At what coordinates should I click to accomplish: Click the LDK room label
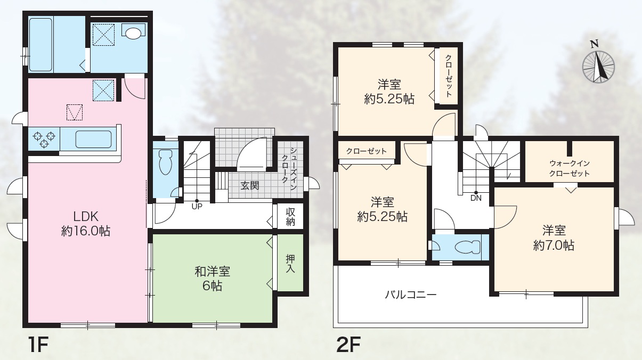(x=86, y=224)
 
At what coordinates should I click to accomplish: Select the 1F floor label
(x=38, y=345)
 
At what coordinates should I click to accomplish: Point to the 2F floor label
(x=348, y=345)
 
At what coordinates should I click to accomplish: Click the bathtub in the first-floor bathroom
(x=40, y=45)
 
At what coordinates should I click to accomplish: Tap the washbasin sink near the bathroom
(x=133, y=32)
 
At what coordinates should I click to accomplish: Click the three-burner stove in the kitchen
(x=44, y=139)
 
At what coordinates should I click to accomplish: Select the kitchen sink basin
(x=93, y=139)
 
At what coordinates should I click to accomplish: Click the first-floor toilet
(x=165, y=161)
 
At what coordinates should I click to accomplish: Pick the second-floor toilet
(x=467, y=247)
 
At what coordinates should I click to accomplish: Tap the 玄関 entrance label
(x=250, y=185)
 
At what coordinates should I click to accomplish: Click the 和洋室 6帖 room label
(x=213, y=279)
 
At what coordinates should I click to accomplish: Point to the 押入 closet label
(x=290, y=264)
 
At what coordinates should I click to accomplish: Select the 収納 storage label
(x=290, y=217)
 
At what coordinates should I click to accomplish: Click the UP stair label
(x=197, y=206)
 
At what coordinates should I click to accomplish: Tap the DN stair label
(x=476, y=198)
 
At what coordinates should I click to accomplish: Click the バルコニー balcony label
(x=410, y=294)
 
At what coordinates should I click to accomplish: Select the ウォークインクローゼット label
(x=570, y=168)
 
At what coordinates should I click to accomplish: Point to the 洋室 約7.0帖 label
(x=554, y=238)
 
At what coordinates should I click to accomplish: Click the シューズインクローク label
(x=289, y=169)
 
